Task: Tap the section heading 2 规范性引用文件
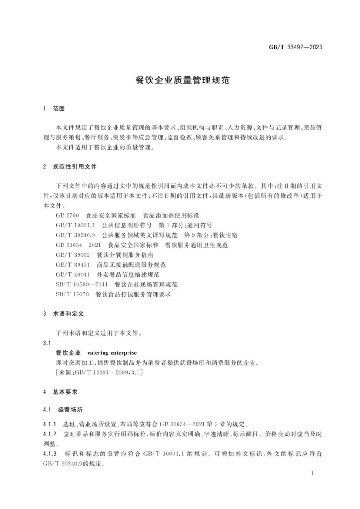(69, 166)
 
